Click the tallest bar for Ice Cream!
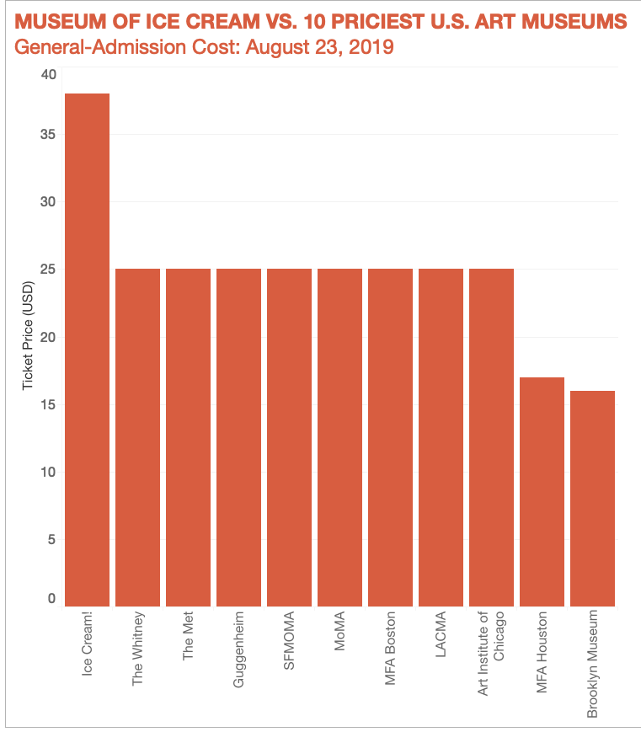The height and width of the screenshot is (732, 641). point(87,350)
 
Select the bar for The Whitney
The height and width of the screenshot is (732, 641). point(137,437)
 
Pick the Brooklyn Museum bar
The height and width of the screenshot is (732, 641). point(592,498)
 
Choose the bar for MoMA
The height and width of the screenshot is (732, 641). point(339,437)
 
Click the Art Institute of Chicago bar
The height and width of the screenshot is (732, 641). point(491,437)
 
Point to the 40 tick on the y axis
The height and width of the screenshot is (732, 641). point(48,74)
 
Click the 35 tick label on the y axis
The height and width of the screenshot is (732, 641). point(48,134)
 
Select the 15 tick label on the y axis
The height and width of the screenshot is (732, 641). point(48,404)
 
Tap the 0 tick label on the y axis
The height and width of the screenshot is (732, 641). point(51,599)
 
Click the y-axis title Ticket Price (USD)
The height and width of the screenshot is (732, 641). point(28,337)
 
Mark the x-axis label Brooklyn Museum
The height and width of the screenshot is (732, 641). point(592,664)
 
